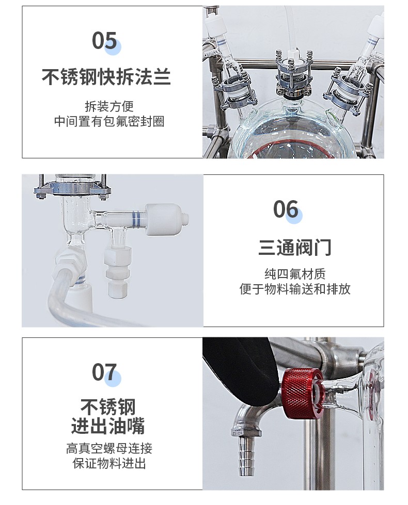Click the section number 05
[x=104, y=41]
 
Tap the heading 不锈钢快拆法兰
[x=106, y=77]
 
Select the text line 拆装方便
[x=109, y=106]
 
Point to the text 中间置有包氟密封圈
[x=109, y=121]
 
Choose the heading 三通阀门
[x=295, y=248]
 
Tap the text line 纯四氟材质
[x=295, y=274]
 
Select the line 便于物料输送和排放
[x=295, y=289]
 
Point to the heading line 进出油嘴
[x=108, y=426]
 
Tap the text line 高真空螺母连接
[x=109, y=448]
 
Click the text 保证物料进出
[x=109, y=463]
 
